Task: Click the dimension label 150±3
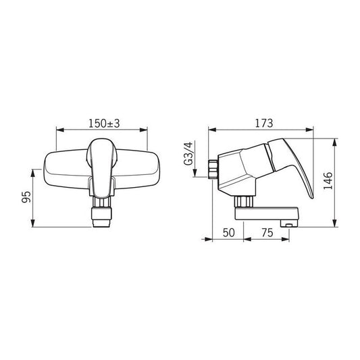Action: tap(103, 124)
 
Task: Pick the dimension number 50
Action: tap(228, 232)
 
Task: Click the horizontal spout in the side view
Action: tap(267, 215)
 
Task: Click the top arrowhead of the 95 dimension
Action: tap(32, 168)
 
